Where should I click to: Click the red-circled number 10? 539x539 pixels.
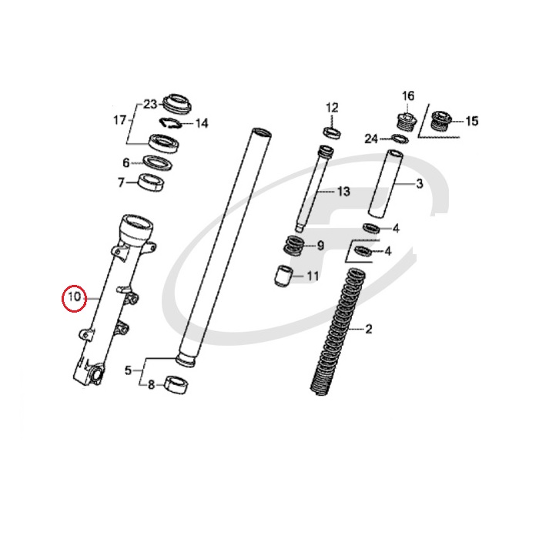click(x=74, y=296)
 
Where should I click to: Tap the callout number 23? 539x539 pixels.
click(x=150, y=104)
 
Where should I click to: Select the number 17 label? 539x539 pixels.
click(x=120, y=120)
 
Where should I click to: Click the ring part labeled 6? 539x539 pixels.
click(x=158, y=163)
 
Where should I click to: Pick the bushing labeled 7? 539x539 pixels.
click(x=151, y=182)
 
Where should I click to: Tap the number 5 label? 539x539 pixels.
click(x=128, y=370)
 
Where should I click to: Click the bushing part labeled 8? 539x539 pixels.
click(x=177, y=385)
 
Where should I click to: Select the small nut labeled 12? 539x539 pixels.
click(x=333, y=132)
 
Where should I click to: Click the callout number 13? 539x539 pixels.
click(x=343, y=192)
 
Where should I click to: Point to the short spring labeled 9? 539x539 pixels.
click(x=293, y=246)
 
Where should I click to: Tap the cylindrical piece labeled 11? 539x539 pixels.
click(x=284, y=276)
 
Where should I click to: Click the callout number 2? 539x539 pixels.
click(x=369, y=329)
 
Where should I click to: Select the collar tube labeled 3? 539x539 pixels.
click(x=386, y=183)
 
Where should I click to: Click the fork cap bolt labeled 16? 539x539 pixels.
click(x=407, y=122)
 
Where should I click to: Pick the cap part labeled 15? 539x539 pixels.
click(x=441, y=121)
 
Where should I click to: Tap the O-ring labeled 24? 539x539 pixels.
click(x=400, y=139)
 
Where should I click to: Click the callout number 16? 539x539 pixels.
click(x=408, y=96)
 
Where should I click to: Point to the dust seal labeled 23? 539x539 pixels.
click(x=176, y=102)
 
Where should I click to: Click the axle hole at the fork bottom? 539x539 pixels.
click(x=96, y=373)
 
